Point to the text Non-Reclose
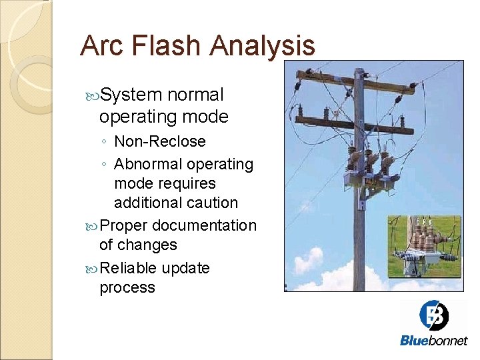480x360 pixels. [160, 141]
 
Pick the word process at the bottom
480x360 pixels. [127, 288]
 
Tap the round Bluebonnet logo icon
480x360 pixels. [433, 316]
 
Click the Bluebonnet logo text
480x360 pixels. [433, 341]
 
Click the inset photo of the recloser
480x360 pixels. [425, 246]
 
